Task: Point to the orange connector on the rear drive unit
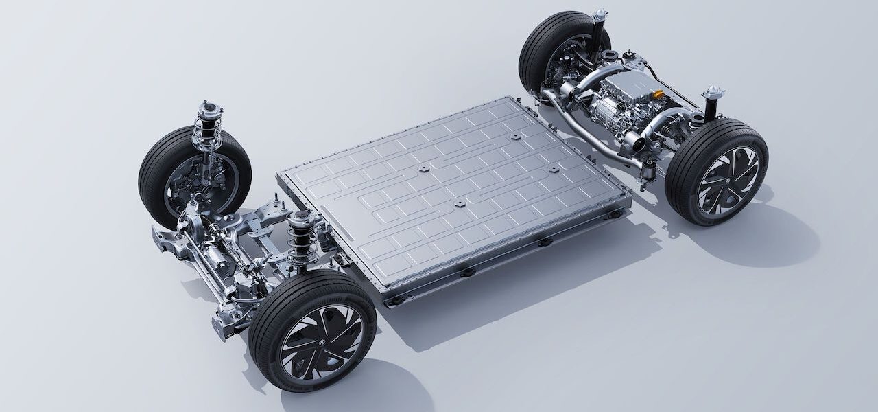[x=658, y=93]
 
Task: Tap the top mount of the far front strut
[x=209, y=108]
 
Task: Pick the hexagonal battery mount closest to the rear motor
[x=553, y=169]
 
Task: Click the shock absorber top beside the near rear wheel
[x=713, y=93]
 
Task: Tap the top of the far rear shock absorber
[x=601, y=14]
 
